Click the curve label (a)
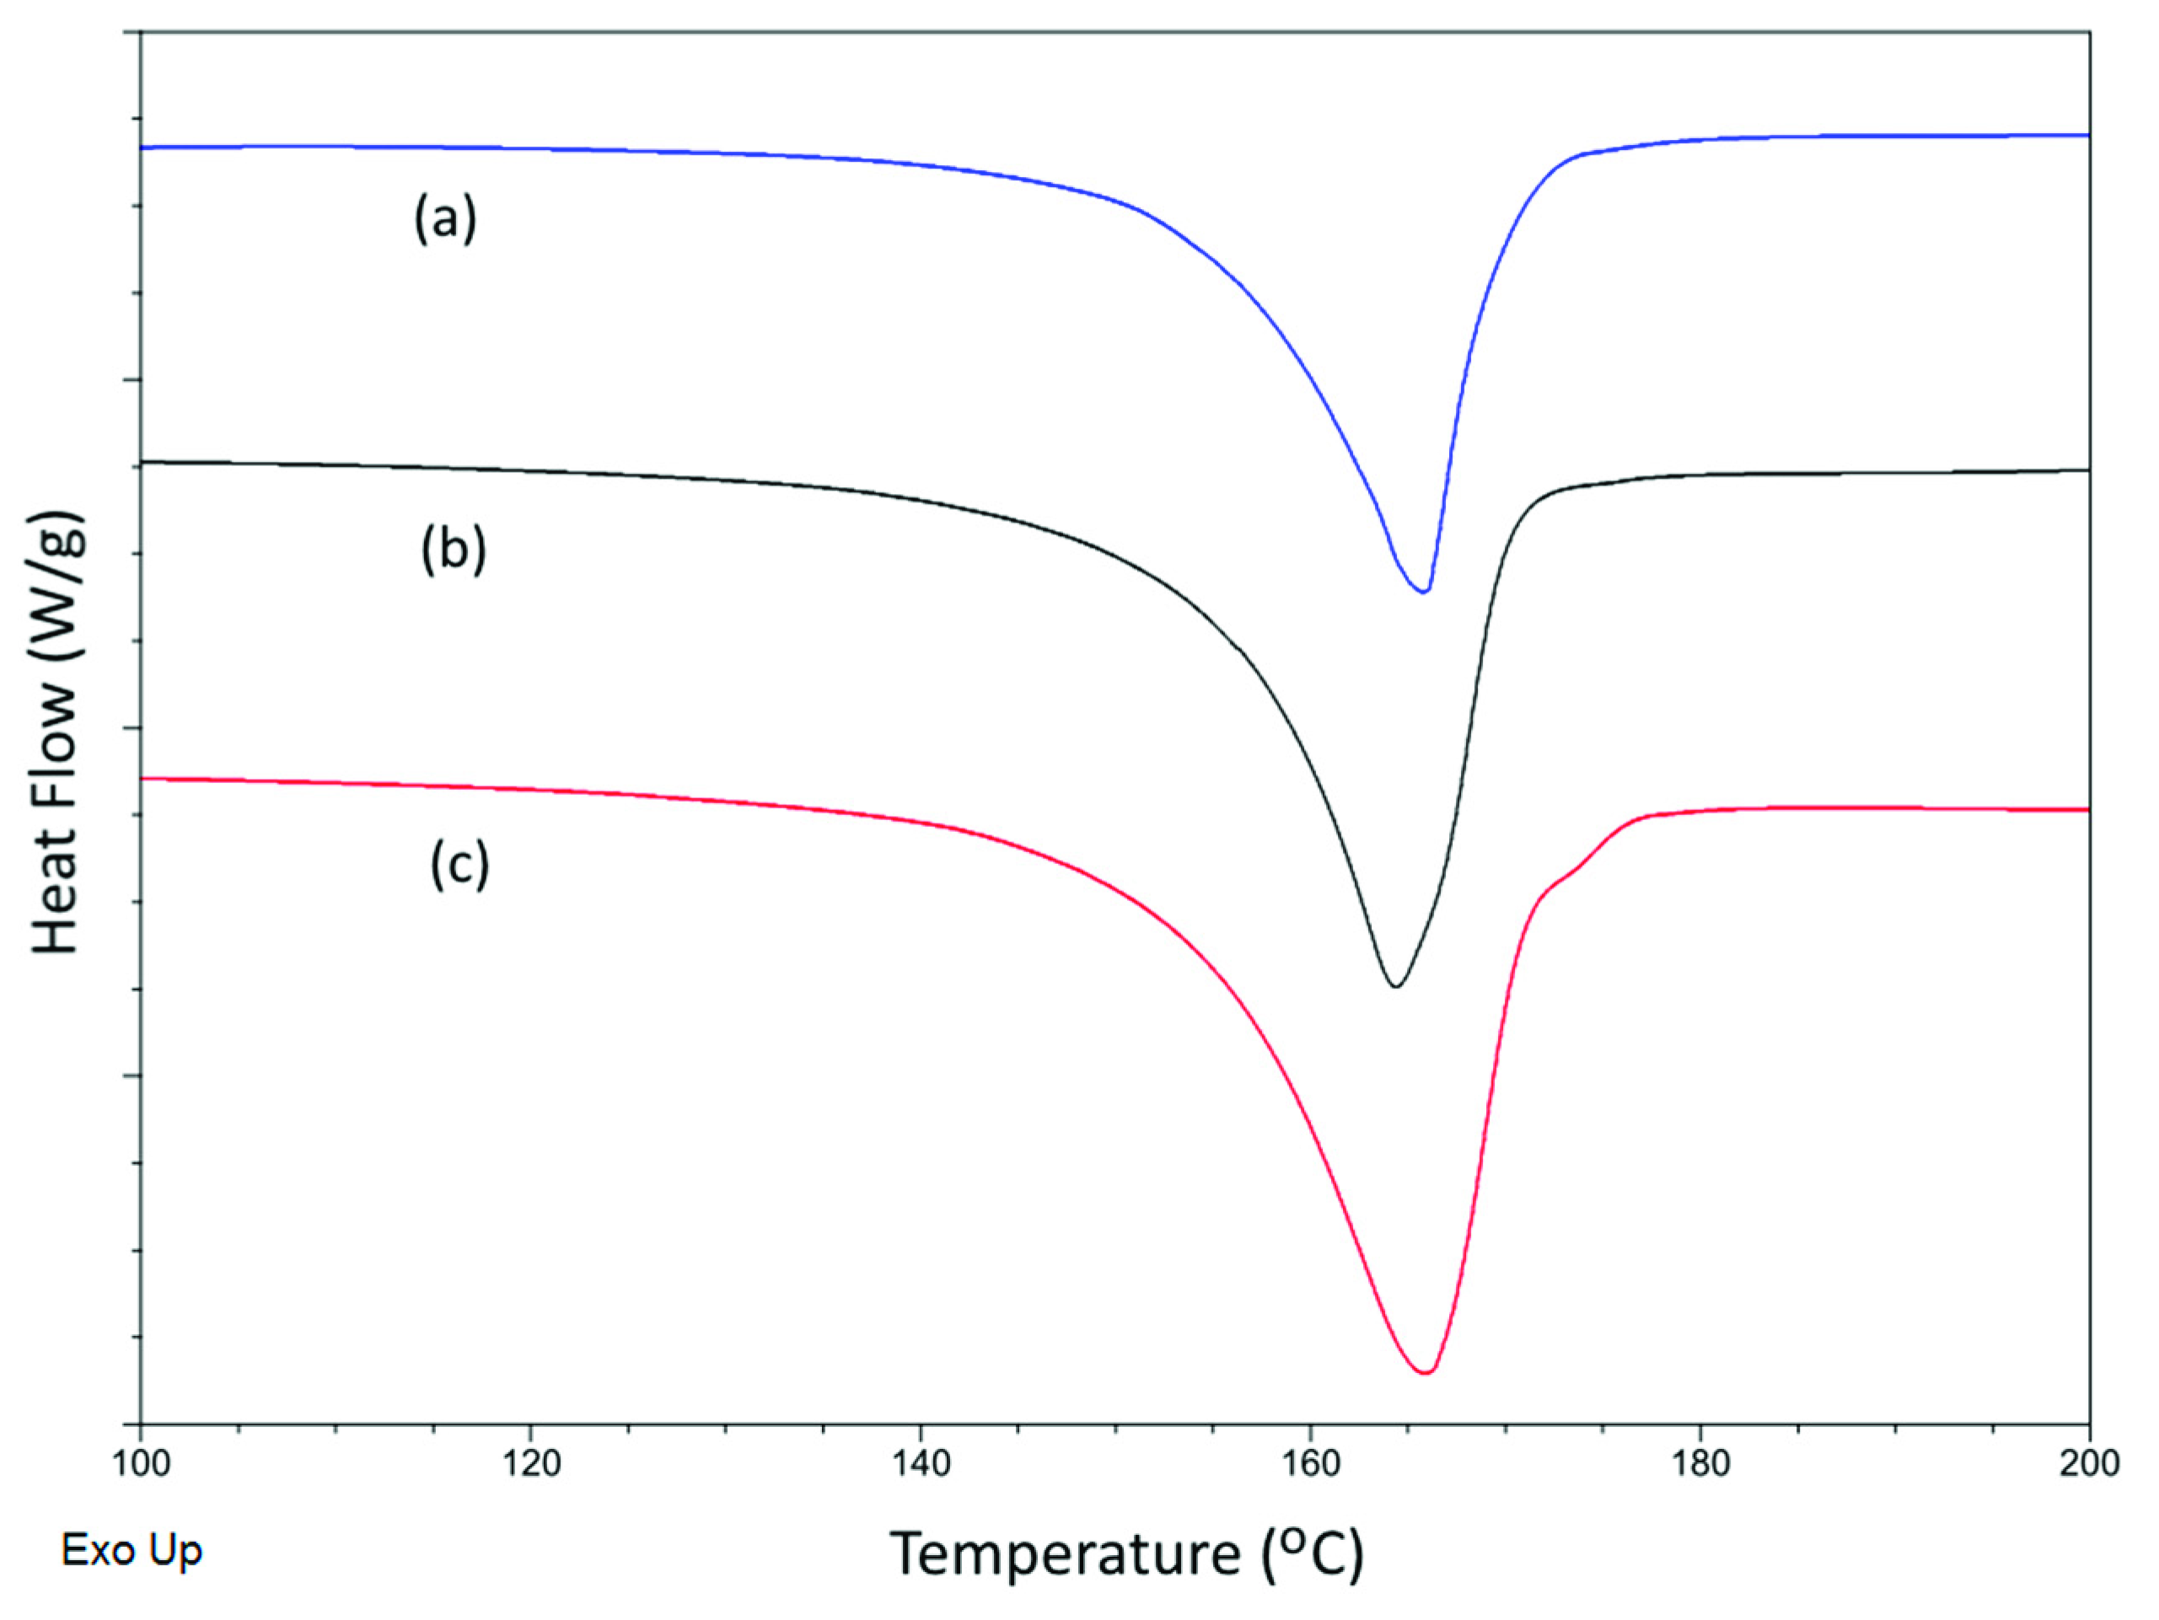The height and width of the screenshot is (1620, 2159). point(445,218)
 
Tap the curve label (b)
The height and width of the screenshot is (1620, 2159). point(453,550)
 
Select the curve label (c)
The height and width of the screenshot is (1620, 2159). point(459,865)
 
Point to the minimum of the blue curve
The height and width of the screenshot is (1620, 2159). point(1424,592)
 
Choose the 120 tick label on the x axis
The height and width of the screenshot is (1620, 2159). point(530,1464)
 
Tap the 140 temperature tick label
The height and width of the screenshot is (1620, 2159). point(921,1464)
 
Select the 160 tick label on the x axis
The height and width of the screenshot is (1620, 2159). point(1310,1464)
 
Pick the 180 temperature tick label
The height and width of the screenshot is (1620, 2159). point(1700,1464)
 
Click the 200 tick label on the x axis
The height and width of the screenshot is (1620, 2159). point(2089,1464)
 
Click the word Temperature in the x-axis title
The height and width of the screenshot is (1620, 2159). point(1064,1553)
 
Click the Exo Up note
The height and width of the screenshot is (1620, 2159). point(132,1550)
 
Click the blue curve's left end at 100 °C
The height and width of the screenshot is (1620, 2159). point(143,148)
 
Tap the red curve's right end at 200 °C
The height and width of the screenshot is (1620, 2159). point(2086,809)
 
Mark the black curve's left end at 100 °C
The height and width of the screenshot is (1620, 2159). point(143,462)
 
